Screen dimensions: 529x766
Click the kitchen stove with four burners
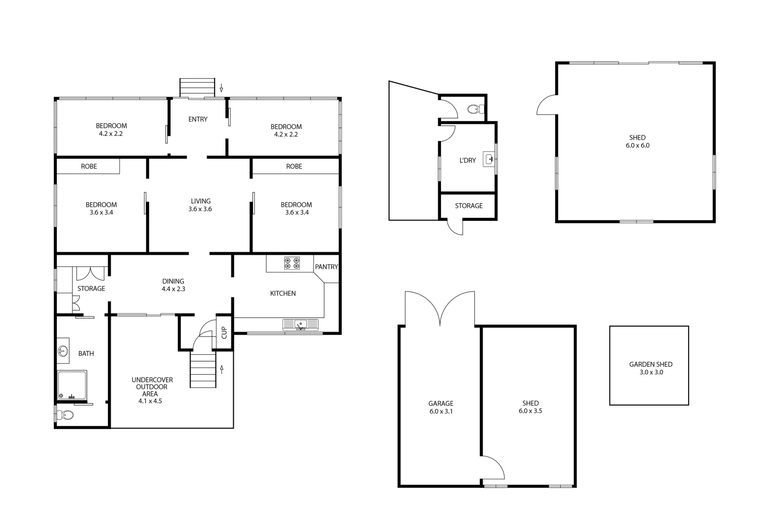(x=292, y=263)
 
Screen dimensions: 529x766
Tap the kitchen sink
(x=300, y=324)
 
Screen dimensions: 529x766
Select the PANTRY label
(x=326, y=267)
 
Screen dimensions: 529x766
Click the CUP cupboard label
(x=224, y=333)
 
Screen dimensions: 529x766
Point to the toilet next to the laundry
(x=473, y=109)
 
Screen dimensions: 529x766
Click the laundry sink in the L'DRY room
(x=489, y=159)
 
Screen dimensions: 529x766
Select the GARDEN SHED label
(x=650, y=364)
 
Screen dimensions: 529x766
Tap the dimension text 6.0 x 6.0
(x=637, y=145)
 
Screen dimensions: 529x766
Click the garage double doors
(x=440, y=309)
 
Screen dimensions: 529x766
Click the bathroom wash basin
(x=63, y=351)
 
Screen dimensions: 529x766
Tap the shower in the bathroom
(x=72, y=385)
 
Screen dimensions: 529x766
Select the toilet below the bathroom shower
(x=66, y=415)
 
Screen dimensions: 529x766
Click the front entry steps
(x=197, y=88)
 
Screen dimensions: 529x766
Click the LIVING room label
(x=200, y=201)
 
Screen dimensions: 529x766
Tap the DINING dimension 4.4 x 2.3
(x=173, y=289)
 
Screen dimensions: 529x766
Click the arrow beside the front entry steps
(x=222, y=88)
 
